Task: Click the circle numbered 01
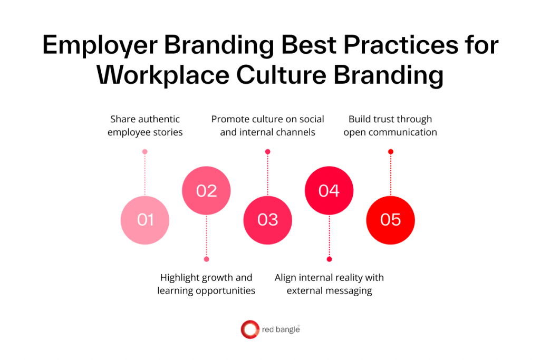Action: [145, 220]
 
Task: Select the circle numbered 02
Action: [206, 190]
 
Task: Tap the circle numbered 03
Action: [267, 220]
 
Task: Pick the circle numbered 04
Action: [329, 190]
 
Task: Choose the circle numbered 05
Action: [390, 220]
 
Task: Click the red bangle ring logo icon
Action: [249, 330]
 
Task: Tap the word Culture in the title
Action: [280, 75]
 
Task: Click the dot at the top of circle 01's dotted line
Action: [145, 152]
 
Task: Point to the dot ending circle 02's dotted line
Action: [206, 259]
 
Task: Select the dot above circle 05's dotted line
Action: [390, 152]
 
